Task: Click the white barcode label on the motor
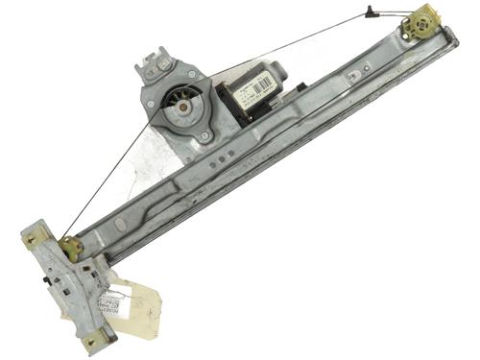pos(252,94)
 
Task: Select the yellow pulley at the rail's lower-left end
pos(70,246)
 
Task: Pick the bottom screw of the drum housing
pos(204,137)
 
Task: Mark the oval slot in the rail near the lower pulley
pos(121,225)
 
